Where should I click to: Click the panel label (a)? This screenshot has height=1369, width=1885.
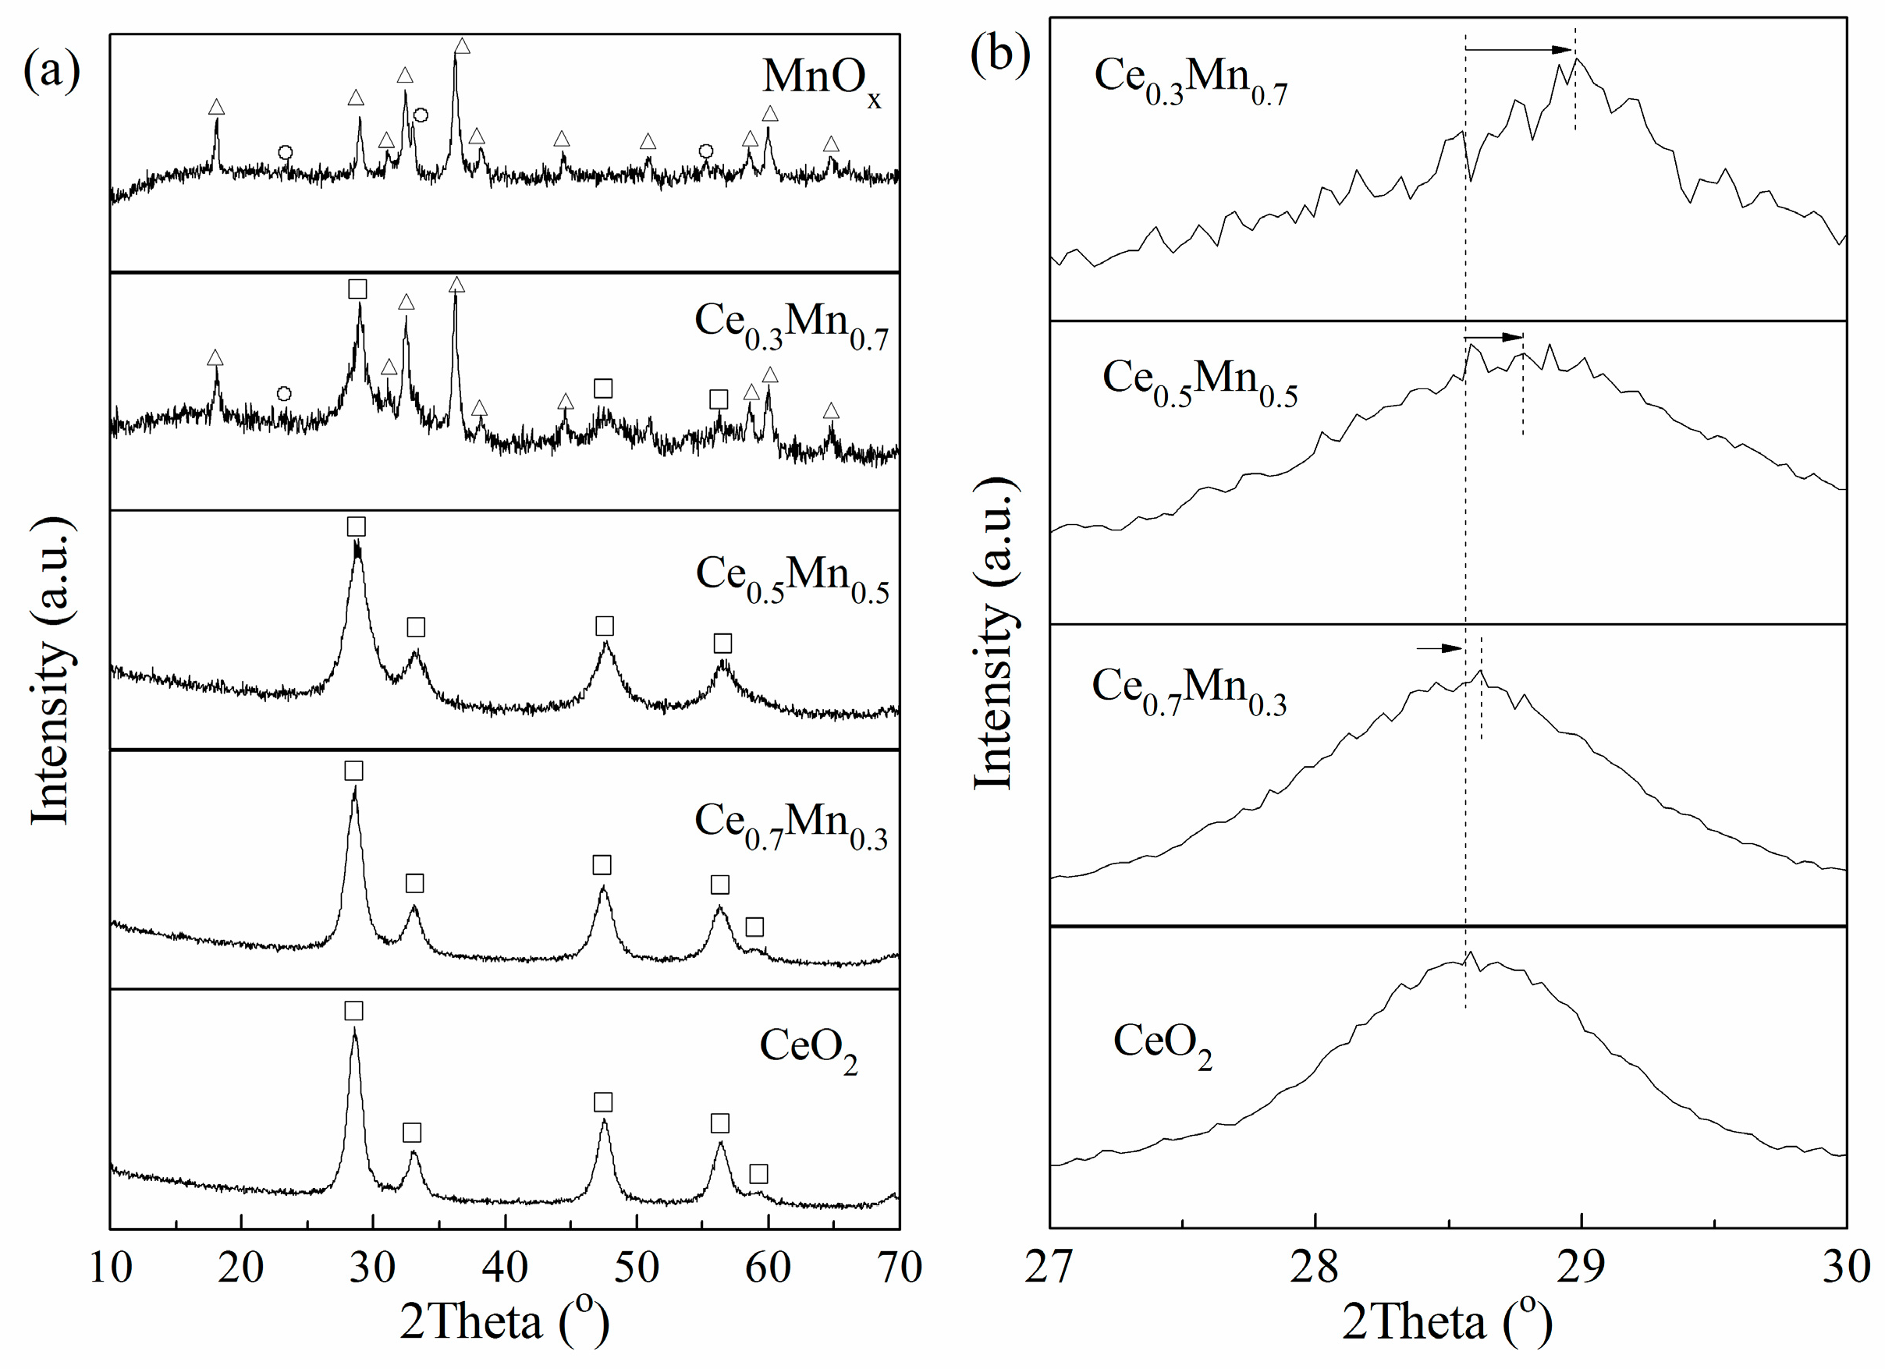(51, 70)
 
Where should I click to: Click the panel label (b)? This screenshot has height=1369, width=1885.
(1001, 55)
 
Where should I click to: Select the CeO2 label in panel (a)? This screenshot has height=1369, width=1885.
(808, 1048)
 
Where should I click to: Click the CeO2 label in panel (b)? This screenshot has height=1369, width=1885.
(1161, 1043)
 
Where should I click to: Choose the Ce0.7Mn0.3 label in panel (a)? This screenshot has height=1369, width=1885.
(790, 825)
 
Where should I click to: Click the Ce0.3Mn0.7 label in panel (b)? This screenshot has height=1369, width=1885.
(1190, 80)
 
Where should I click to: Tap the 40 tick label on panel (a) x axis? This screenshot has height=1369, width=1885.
(505, 1268)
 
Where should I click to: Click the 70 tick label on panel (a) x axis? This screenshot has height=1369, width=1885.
(900, 1268)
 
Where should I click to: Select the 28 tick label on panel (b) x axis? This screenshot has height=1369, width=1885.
(1315, 1268)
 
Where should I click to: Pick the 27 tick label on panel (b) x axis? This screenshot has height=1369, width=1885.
(1049, 1268)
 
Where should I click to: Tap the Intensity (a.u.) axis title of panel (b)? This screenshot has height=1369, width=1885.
(994, 633)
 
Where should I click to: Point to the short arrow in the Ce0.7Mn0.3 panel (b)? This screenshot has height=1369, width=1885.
(1439, 647)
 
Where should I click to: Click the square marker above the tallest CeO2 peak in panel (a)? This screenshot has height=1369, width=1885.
(353, 1011)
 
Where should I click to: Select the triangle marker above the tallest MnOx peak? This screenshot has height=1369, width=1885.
(462, 47)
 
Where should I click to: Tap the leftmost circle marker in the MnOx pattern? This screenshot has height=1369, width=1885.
(285, 152)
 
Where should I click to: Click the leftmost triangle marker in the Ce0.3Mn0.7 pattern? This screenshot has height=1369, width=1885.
(215, 358)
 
